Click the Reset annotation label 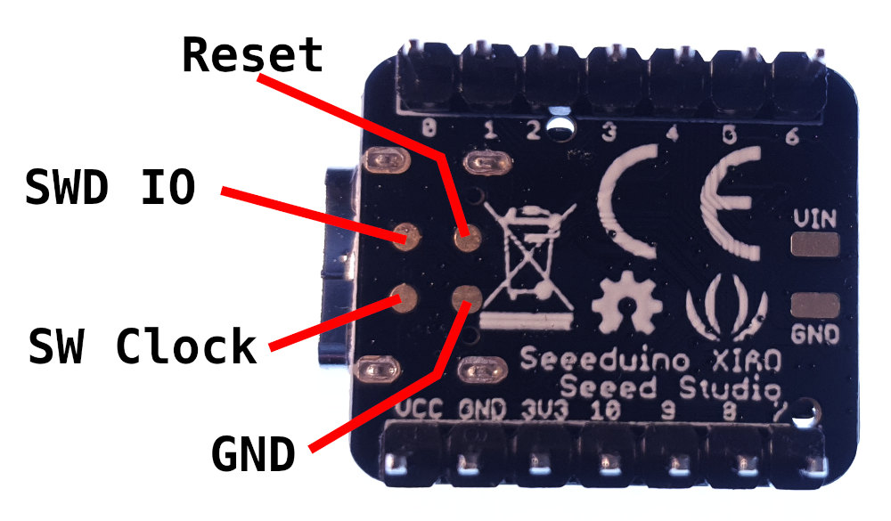tap(252, 56)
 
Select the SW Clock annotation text tap(143, 346)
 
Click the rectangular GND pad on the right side tap(814, 305)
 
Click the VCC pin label tap(421, 411)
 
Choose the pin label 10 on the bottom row tap(605, 411)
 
